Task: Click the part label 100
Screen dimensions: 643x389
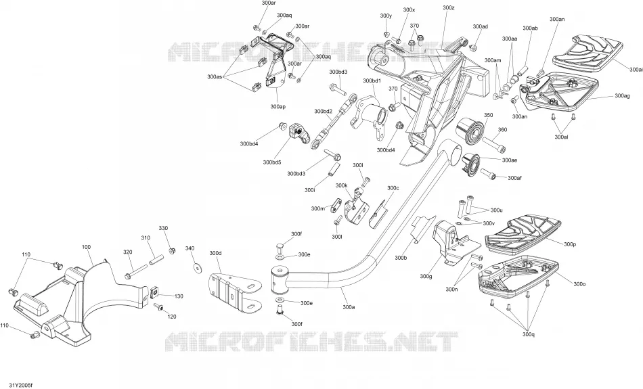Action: point(86,247)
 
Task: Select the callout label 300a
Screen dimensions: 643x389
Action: point(349,306)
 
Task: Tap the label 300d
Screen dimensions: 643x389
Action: point(215,253)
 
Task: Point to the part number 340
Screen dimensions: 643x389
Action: point(190,248)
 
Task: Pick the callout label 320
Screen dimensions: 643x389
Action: point(128,252)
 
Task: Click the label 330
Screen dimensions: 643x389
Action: point(163,228)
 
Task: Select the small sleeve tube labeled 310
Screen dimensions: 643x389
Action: point(156,260)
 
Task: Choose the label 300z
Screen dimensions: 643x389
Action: point(449,8)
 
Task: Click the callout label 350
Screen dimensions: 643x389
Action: point(489,115)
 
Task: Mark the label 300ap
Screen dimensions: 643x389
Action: point(278,107)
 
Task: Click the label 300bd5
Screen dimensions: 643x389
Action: point(272,162)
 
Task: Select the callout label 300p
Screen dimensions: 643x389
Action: point(570,244)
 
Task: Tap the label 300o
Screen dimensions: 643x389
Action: point(579,283)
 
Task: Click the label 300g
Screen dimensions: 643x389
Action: point(426,276)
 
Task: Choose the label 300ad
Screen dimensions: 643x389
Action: point(480,26)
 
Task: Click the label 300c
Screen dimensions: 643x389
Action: point(393,188)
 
